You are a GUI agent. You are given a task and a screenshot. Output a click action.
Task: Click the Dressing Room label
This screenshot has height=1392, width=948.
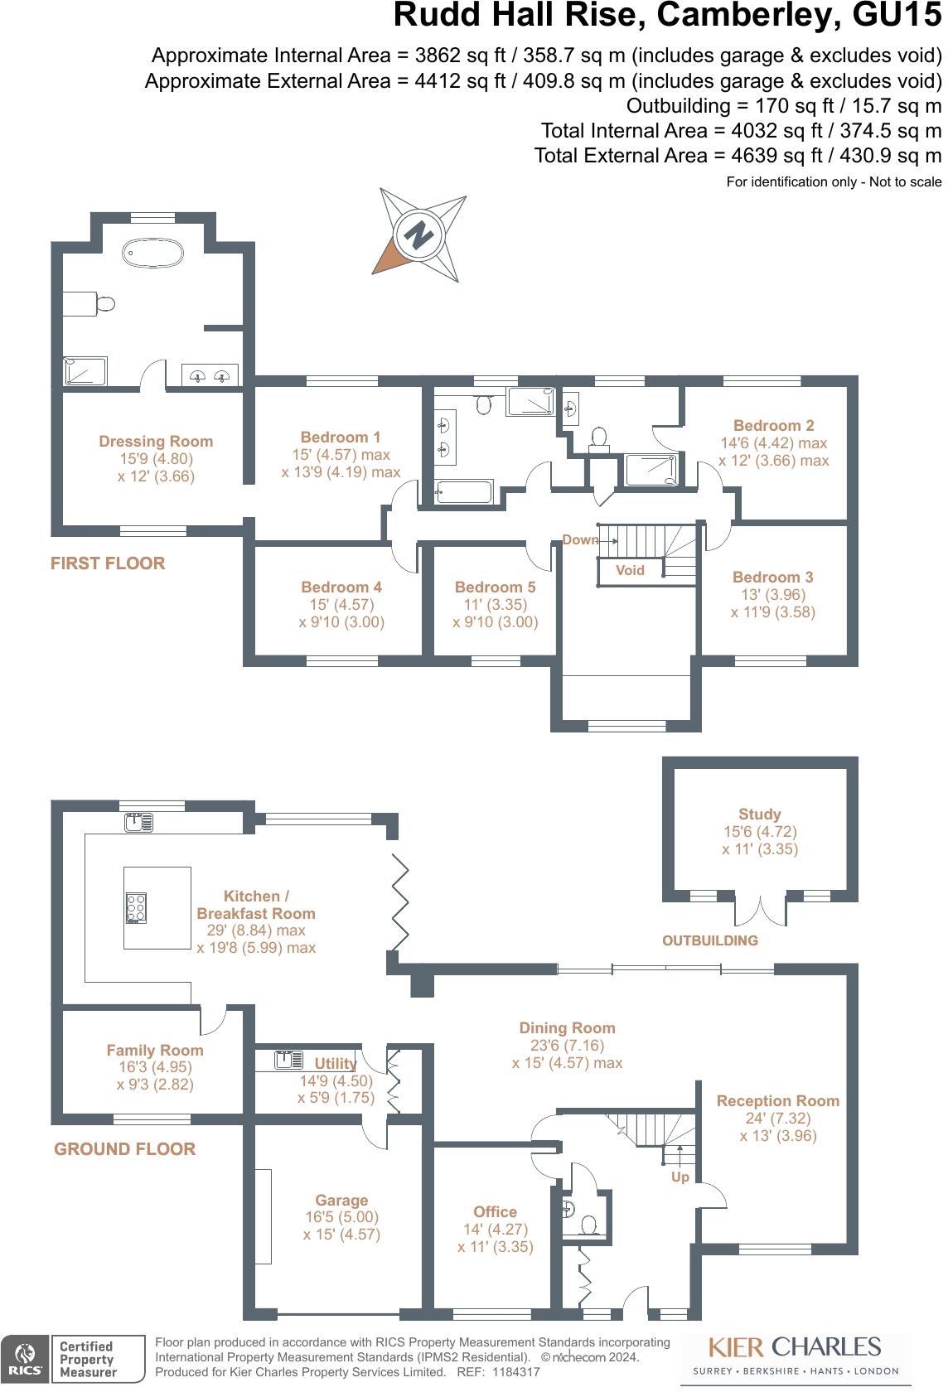click(156, 442)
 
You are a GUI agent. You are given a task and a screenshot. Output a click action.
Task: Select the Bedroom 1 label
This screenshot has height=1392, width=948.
click(341, 437)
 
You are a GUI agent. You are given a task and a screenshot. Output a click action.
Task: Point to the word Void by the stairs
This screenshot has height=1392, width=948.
click(630, 570)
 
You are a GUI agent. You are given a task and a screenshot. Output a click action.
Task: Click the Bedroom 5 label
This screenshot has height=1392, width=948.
click(495, 587)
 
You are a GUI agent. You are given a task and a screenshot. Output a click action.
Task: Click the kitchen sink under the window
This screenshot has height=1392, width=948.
click(138, 822)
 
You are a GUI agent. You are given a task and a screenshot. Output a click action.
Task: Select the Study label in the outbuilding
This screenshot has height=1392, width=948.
click(759, 814)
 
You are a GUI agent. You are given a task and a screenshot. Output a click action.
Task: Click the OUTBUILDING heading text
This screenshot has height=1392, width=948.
click(710, 940)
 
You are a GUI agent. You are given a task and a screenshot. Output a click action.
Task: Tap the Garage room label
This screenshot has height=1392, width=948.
click(341, 1200)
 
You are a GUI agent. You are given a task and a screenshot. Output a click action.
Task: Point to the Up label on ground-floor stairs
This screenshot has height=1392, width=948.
click(680, 1177)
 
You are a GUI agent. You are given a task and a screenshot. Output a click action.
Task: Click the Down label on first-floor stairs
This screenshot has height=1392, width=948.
click(580, 539)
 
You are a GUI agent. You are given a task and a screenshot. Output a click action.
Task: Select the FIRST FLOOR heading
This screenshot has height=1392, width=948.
click(108, 563)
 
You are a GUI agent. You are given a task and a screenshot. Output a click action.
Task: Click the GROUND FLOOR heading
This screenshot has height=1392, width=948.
click(125, 1149)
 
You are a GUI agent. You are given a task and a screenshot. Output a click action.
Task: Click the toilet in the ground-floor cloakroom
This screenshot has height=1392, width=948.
click(590, 1225)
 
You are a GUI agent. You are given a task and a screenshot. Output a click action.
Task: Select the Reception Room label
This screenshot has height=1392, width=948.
click(777, 1100)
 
